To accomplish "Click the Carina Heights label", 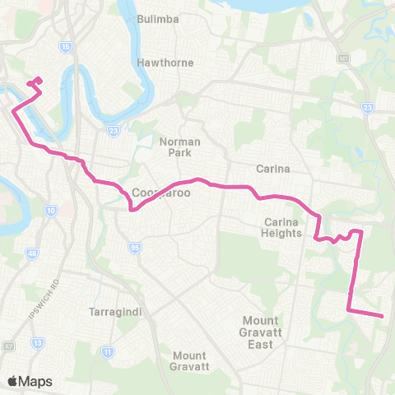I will (286, 228).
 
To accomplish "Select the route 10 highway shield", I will (52, 211).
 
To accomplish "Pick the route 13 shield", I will (37, 342).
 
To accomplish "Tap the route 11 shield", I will (107, 352).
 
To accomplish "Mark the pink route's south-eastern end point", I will (383, 315).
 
